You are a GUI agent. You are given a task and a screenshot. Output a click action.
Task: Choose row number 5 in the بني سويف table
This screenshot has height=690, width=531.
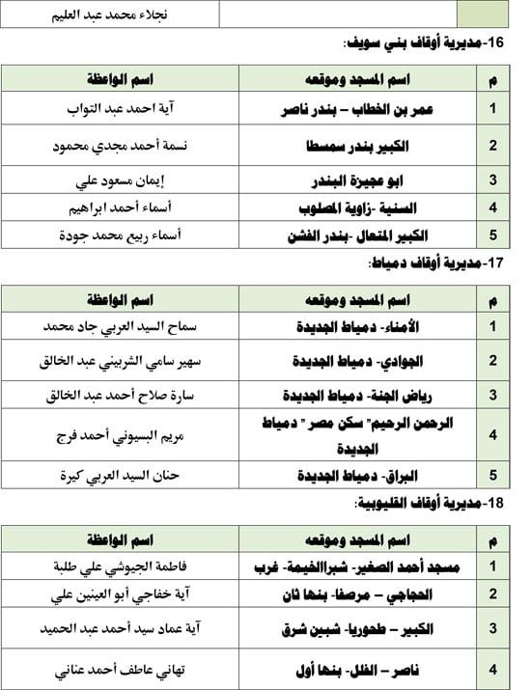pos(492,235)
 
